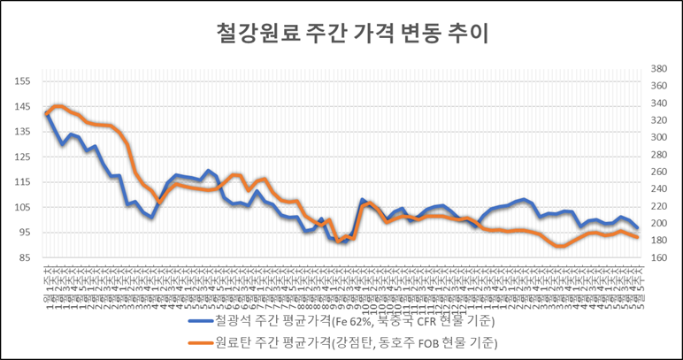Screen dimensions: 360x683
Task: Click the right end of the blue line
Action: [x=637, y=228]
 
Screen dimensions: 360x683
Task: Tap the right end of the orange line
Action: [x=637, y=237]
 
